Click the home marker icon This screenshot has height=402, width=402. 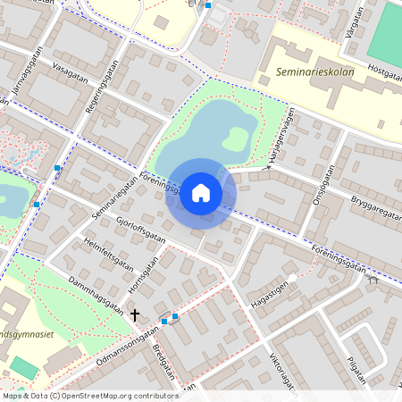pos(201,192)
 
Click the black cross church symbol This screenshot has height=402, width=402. pos(136,314)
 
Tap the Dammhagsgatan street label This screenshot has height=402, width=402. pos(95,292)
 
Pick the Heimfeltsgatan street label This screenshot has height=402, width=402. pos(108,255)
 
